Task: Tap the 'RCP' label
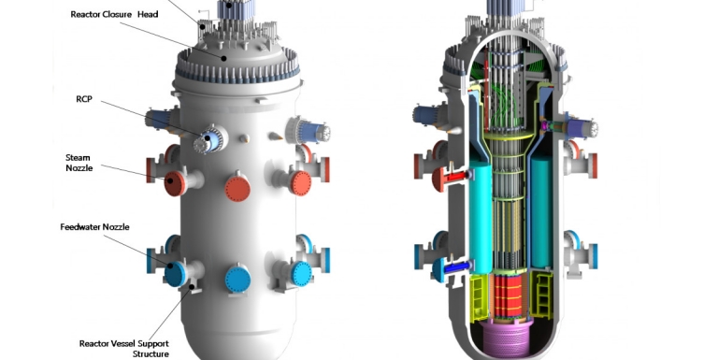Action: pyautogui.click(x=84, y=99)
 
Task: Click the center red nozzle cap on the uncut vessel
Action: pyautogui.click(x=237, y=188)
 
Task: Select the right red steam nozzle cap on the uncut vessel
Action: pyautogui.click(x=299, y=180)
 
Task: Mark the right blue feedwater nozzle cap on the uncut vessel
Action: pyautogui.click(x=300, y=272)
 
